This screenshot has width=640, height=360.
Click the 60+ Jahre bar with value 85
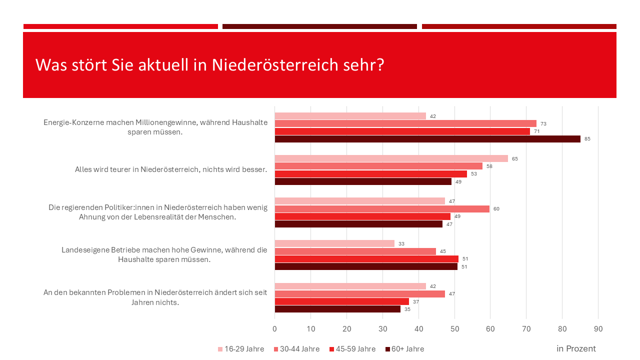pyautogui.click(x=427, y=139)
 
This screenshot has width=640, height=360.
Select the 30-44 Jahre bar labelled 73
pyautogui.click(x=405, y=123)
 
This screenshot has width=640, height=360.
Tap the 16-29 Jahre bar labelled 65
pyautogui.click(x=391, y=158)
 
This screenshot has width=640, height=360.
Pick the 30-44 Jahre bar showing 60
pyautogui.click(x=382, y=209)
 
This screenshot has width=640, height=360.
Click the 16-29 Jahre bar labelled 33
pyautogui.click(x=334, y=243)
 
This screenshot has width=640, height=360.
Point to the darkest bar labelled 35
pyautogui.click(x=337, y=309)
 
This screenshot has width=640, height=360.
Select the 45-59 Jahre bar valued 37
pyautogui.click(x=341, y=301)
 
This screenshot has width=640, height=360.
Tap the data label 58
pyautogui.click(x=489, y=166)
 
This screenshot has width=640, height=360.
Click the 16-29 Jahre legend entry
pyautogui.click(x=242, y=349)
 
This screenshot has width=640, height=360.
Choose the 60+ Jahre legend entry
pyautogui.click(x=404, y=349)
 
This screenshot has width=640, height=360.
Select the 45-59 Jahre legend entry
pyautogui.click(x=352, y=349)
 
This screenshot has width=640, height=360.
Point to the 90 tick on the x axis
pyautogui.click(x=598, y=328)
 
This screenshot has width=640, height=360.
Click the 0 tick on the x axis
pyautogui.click(x=274, y=328)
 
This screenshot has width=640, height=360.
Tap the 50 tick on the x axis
pyautogui.click(x=454, y=328)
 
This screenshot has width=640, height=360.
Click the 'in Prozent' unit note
pyautogui.click(x=576, y=348)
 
